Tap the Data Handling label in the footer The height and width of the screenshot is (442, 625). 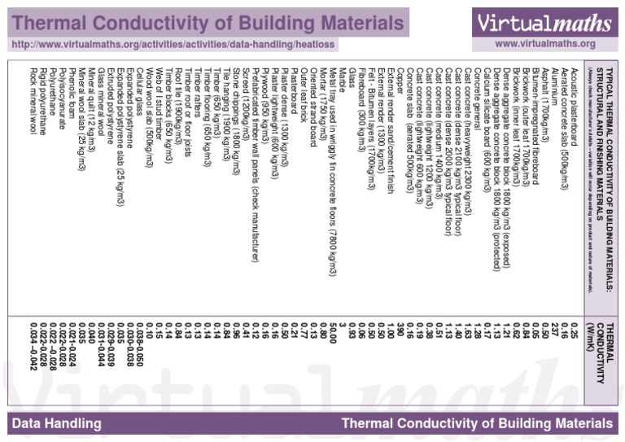pos(57,423)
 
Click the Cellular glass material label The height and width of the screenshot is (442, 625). pos(140,89)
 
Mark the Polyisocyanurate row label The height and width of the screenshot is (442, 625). pos(62,97)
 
